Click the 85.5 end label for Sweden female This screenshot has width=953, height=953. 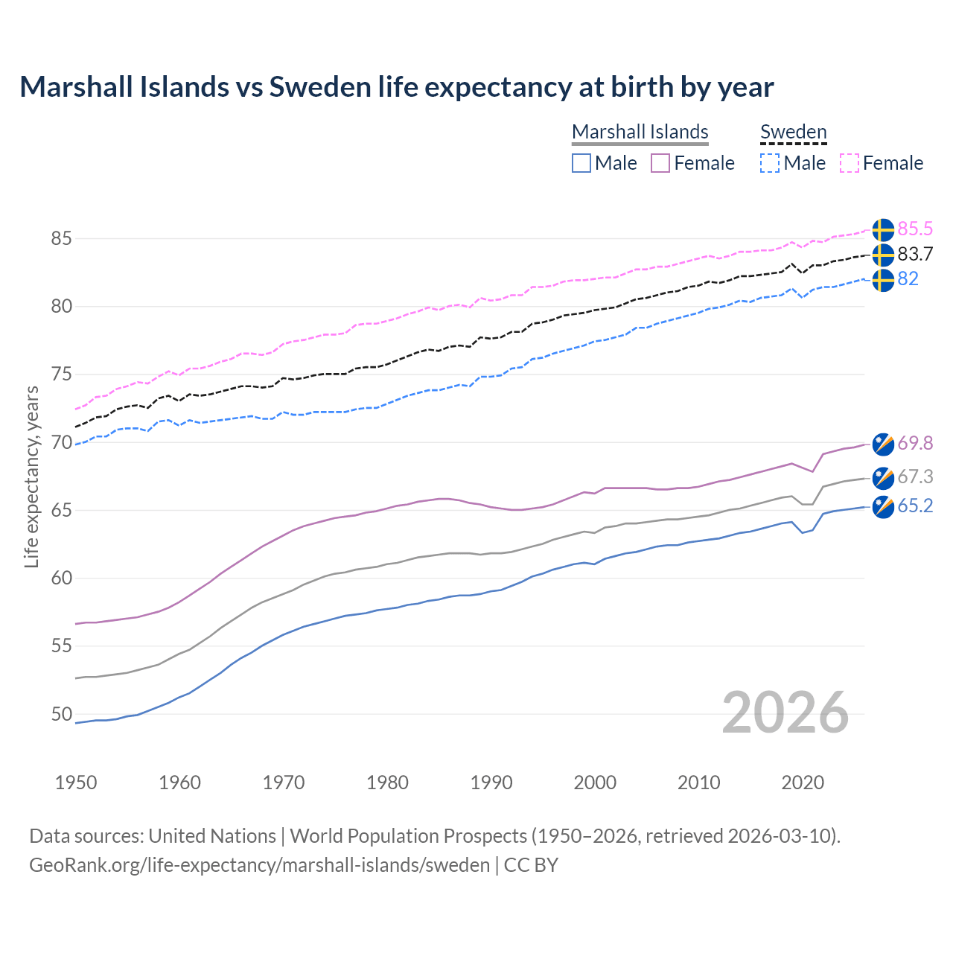[915, 229]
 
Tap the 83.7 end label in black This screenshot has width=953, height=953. [915, 254]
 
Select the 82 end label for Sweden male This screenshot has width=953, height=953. [908, 278]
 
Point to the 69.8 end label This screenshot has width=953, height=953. [915, 443]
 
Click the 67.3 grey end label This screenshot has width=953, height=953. [915, 476]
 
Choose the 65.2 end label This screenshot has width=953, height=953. [915, 506]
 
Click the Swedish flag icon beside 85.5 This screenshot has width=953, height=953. [883, 230]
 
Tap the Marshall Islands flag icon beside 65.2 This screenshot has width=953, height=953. [883, 507]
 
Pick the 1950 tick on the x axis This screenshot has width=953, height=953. [76, 783]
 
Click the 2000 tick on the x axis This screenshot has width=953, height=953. [595, 783]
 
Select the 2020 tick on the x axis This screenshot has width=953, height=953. [803, 783]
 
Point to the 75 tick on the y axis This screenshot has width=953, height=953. [62, 374]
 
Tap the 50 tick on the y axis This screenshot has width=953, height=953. [62, 714]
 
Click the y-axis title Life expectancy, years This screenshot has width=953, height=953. [31, 476]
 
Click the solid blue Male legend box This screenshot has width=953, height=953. [581, 163]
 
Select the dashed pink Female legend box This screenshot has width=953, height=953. [850, 163]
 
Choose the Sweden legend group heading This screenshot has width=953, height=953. [793, 132]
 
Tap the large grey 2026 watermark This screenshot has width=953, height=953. [785, 713]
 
